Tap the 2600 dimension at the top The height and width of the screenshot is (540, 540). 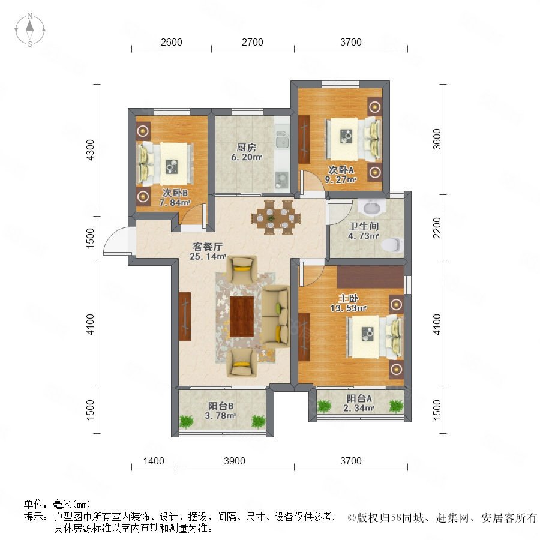pos(172,42)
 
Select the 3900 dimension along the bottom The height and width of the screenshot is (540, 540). pos(235,461)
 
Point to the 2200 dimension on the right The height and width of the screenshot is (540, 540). pos(437,227)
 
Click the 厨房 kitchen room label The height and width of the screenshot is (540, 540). pos(246,148)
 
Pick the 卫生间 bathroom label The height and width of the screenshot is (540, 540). pos(364,226)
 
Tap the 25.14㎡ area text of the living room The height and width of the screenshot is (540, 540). pos(208,256)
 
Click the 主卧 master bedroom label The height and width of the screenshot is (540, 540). pos(349,298)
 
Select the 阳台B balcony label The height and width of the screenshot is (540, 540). pos(221,406)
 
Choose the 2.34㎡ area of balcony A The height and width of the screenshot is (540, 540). pos(359,408)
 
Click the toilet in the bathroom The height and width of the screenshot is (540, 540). pos(392,244)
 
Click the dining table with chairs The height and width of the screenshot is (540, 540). pos(275,217)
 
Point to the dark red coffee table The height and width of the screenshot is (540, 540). pos(242,316)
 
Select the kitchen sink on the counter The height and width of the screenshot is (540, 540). pos(282,139)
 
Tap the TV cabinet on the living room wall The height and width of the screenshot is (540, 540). pos(185,316)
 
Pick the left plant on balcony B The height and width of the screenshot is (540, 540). pos(187,422)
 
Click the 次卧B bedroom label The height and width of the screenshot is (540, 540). pos(175,193)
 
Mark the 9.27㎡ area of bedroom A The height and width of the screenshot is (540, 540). pos(340,179)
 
